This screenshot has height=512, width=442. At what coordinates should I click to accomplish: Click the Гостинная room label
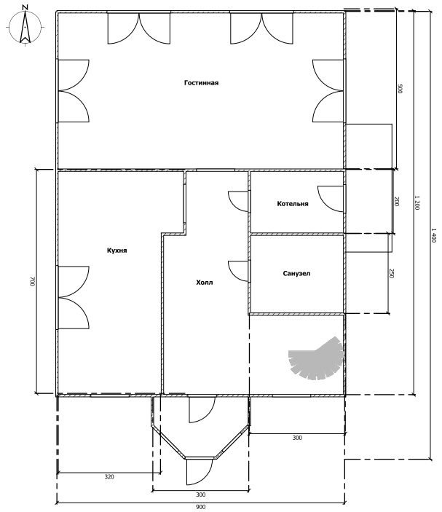pyautogui.click(x=201, y=82)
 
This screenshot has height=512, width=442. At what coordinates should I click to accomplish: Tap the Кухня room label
pyautogui.click(x=117, y=251)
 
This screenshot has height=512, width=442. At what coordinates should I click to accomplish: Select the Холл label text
pyautogui.click(x=205, y=282)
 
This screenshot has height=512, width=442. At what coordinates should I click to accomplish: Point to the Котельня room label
pyautogui.click(x=293, y=204)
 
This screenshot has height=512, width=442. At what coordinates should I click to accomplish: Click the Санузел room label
pyautogui.click(x=296, y=273)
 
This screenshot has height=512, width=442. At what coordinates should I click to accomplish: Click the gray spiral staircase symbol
pyautogui.click(x=316, y=358)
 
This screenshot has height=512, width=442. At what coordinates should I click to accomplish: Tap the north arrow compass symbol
pyautogui.click(x=25, y=27)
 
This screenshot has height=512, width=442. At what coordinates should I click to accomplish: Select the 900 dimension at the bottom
pyautogui.click(x=201, y=507)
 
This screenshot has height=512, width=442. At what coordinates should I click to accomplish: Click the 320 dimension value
pyautogui.click(x=109, y=477)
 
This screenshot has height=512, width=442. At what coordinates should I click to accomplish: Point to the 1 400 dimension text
pyautogui.click(x=434, y=235)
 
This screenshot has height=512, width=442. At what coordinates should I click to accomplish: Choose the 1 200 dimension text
pyautogui.click(x=417, y=202)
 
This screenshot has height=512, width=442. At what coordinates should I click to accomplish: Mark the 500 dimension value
pyautogui.click(x=400, y=89)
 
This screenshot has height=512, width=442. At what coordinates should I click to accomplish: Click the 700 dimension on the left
pyautogui.click(x=32, y=282)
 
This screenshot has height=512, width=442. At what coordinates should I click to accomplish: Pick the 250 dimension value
pyautogui.click(x=392, y=274)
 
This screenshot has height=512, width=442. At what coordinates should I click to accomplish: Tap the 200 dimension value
pyautogui.click(x=397, y=201)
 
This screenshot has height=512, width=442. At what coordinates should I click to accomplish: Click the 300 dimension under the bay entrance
pyautogui.click(x=201, y=495)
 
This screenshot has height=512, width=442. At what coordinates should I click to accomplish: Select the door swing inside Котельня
pyautogui.click(x=331, y=199)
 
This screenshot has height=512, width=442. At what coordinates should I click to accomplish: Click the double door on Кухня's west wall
pyautogui.click(x=74, y=297)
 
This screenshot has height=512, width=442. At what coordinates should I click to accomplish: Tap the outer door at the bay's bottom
pyautogui.click(x=200, y=472)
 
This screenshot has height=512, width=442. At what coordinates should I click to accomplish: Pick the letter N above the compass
pyautogui.click(x=25, y=7)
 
